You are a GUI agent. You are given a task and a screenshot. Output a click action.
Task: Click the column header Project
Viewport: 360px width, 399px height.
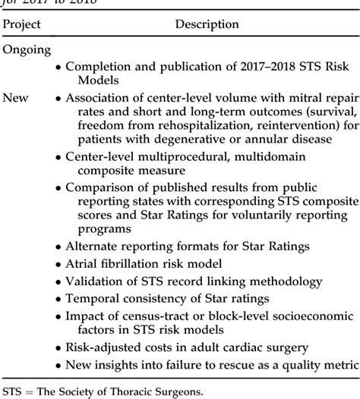[x=21, y=24]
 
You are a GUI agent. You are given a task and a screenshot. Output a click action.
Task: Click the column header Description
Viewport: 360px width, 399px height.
[x=207, y=24]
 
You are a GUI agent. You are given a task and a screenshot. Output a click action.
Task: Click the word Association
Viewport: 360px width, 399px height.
[x=99, y=98]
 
